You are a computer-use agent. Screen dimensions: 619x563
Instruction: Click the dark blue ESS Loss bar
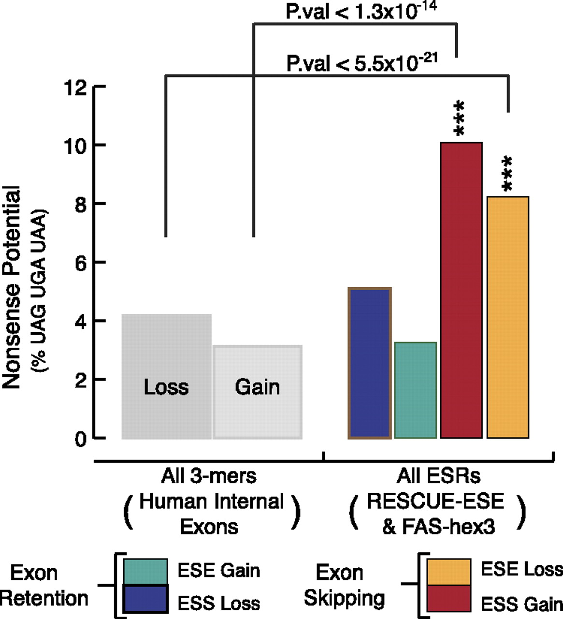370,363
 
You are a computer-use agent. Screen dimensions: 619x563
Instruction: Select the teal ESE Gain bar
416,390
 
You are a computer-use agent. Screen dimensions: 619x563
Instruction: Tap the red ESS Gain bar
461,290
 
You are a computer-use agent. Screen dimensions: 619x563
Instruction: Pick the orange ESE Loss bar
507,317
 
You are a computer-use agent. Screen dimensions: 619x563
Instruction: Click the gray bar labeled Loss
166,348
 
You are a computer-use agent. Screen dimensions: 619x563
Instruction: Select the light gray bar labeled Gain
258,368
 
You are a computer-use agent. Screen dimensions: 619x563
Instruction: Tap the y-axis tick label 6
81,263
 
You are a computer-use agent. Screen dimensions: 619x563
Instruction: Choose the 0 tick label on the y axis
81,438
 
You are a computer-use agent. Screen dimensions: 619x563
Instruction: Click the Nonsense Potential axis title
12,288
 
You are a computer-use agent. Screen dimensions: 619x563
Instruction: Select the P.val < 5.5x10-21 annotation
361,63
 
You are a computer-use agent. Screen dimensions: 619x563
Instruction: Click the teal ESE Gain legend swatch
145,571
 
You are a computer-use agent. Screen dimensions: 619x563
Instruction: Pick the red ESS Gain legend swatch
448,599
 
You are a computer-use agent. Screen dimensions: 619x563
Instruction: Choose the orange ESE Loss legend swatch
448,572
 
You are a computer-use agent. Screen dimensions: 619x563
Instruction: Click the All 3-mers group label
209,477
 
